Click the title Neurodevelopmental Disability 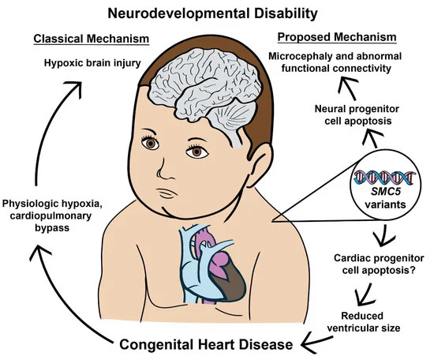[212, 13]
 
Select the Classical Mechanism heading [92, 39]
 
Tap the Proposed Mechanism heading [337, 37]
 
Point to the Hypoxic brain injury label [92, 63]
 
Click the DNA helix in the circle [385, 177]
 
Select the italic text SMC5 [386, 192]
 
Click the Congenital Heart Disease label [206, 345]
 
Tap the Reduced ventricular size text [364, 322]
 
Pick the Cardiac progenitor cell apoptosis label [379, 264]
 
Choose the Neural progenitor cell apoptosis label [357, 115]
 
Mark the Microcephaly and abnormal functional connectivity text [335, 62]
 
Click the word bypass [52, 228]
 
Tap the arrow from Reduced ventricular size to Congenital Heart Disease [317, 343]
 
